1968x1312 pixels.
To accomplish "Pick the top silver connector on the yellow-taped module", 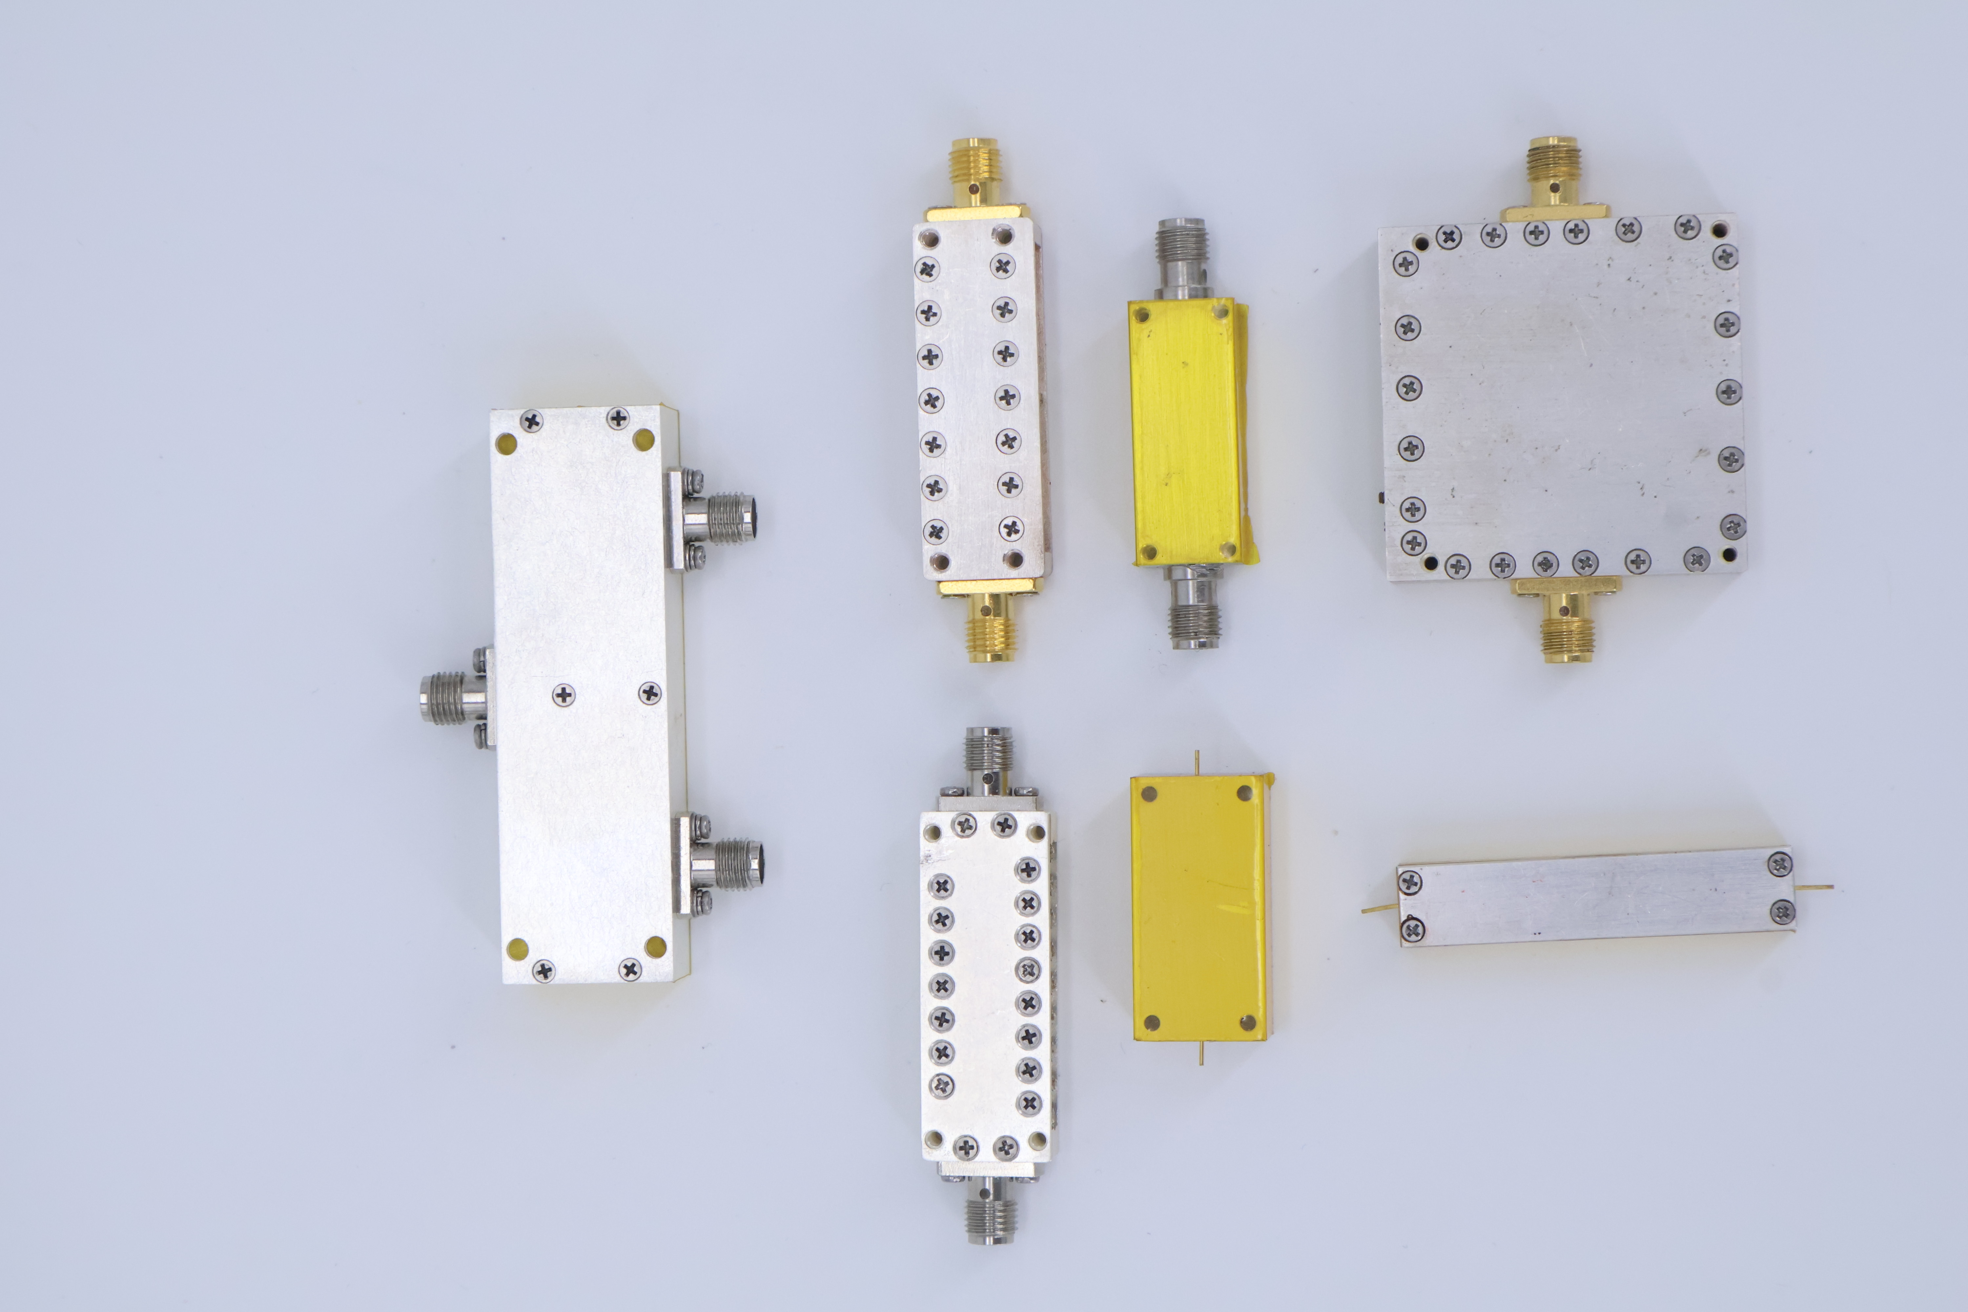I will [x=1180, y=251].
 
